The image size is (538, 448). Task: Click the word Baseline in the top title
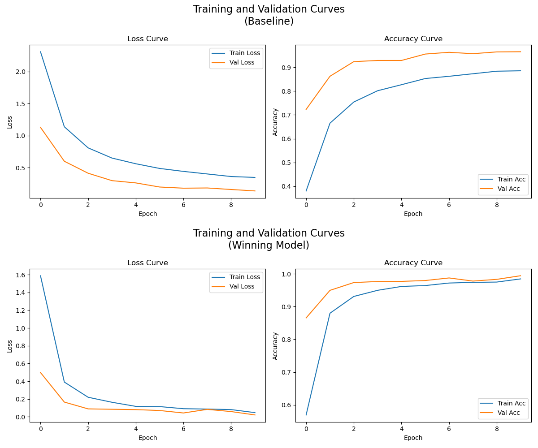tap(269, 21)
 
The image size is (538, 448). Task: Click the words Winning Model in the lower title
tap(269, 245)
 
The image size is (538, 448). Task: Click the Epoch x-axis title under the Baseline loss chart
tap(148, 214)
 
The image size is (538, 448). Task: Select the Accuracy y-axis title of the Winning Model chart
tap(275, 345)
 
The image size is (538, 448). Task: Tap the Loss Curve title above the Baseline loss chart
tap(148, 39)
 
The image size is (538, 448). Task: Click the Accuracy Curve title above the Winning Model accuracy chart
tap(413, 263)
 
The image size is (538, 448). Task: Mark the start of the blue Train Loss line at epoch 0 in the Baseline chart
tap(40, 52)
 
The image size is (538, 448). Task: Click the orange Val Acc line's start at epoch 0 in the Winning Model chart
tap(306, 318)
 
